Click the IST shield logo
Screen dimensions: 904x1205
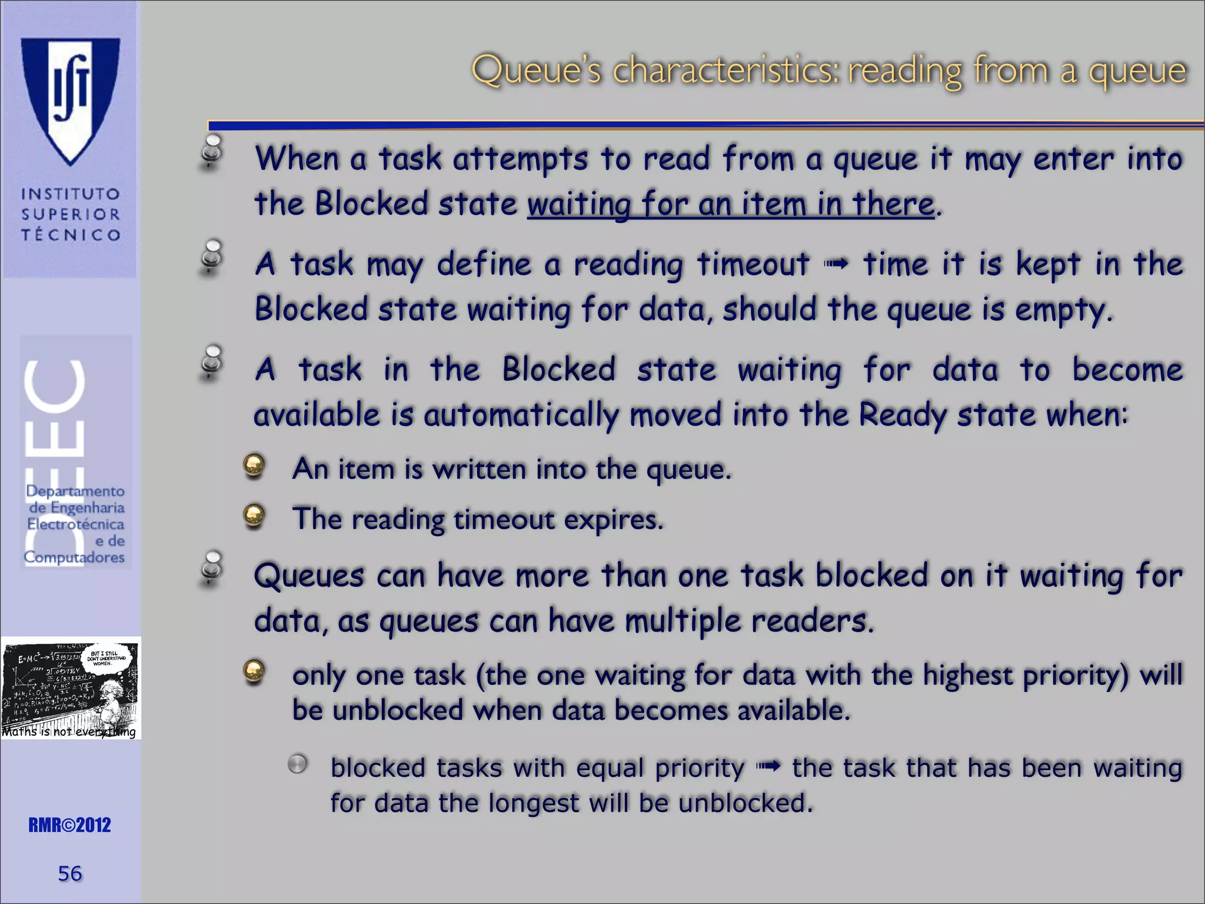pyautogui.click(x=71, y=100)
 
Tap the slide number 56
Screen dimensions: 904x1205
pyautogui.click(x=70, y=873)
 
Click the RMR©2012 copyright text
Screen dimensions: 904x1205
pyautogui.click(x=69, y=825)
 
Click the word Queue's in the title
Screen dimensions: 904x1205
pyautogui.click(x=537, y=71)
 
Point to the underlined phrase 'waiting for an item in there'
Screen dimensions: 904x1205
pyautogui.click(x=730, y=204)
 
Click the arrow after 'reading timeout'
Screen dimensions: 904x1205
pyautogui.click(x=836, y=265)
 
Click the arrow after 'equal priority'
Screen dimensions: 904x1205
pyautogui.click(x=769, y=767)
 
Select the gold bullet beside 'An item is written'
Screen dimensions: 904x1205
pyautogui.click(x=254, y=466)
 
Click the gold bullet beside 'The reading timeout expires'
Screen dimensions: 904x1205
pyautogui.click(x=254, y=516)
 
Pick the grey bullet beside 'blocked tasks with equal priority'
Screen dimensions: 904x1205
pyautogui.click(x=298, y=765)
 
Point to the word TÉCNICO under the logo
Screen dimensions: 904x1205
pyautogui.click(x=71, y=235)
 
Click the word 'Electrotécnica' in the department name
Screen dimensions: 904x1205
pyautogui.click(x=75, y=524)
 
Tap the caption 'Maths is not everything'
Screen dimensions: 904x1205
pyautogui.click(x=69, y=732)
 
